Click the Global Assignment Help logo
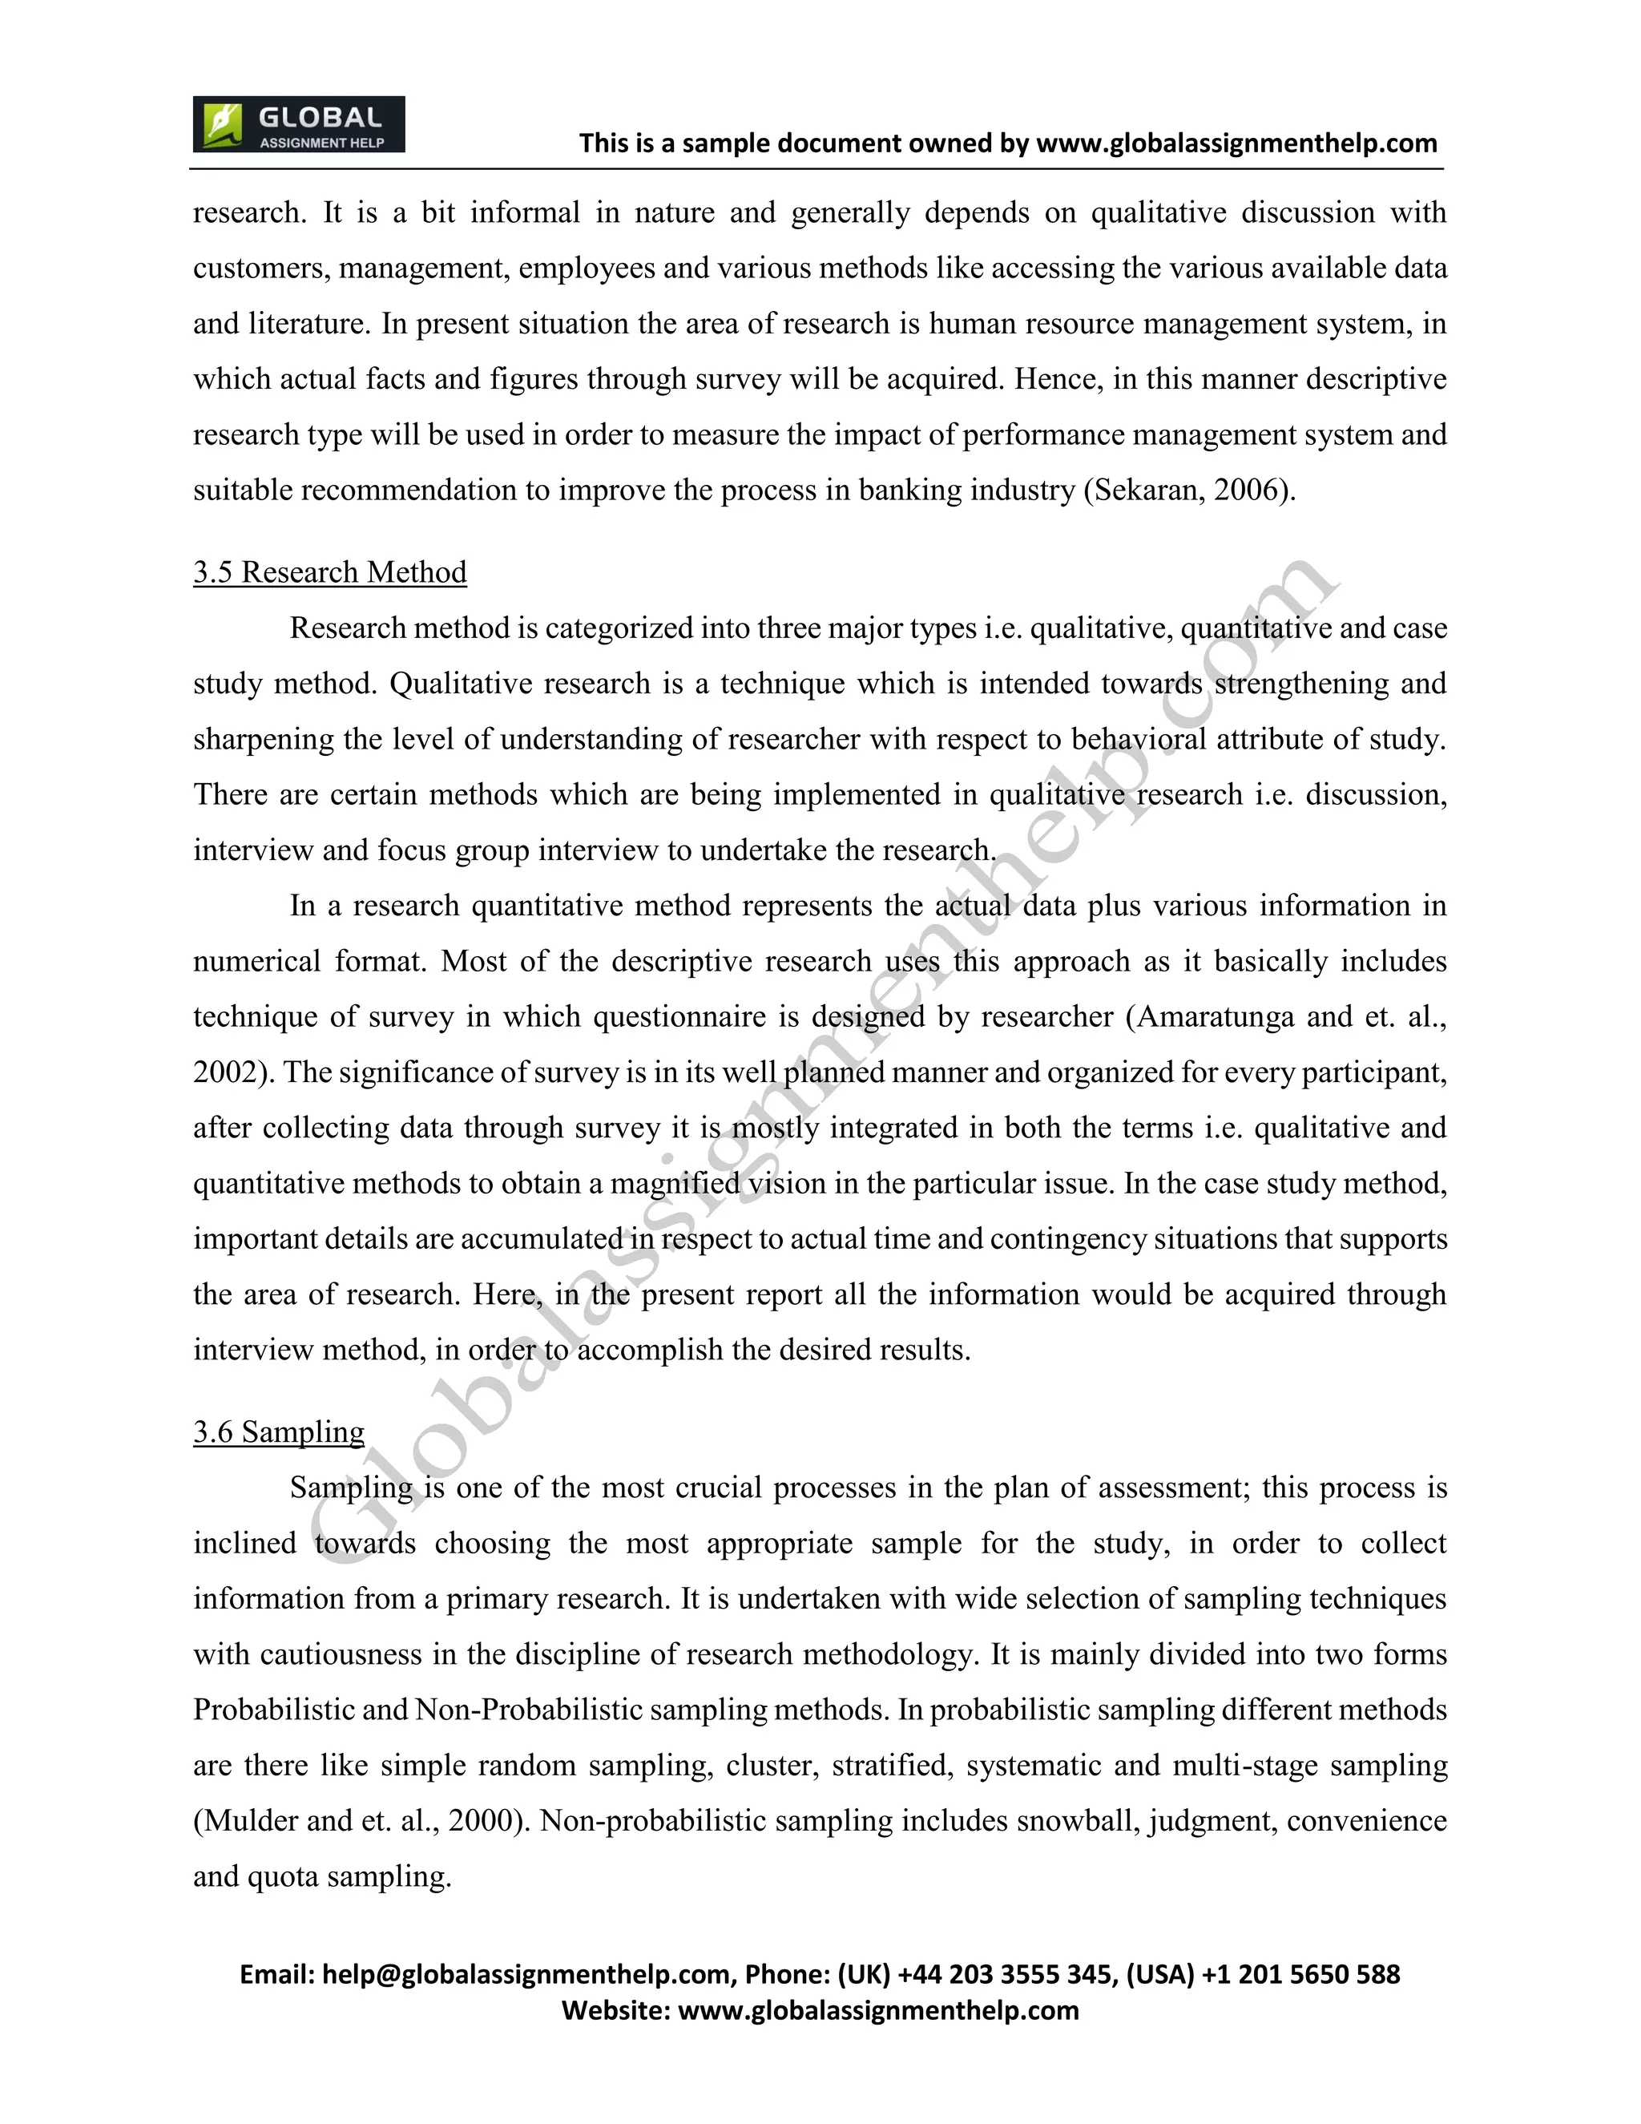pyautogui.click(x=298, y=124)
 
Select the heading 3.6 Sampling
pyautogui.click(x=278, y=1431)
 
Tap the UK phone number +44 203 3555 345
pyautogui.click(x=1006, y=1974)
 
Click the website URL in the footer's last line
pyautogui.click(x=878, y=2010)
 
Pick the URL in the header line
pyautogui.click(x=1236, y=144)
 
